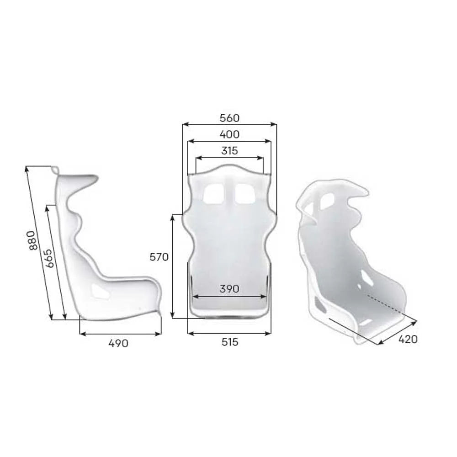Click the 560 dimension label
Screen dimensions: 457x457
[229, 118]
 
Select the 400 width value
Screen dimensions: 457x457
[229, 134]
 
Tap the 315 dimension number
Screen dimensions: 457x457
[229, 150]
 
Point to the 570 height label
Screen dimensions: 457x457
[159, 257]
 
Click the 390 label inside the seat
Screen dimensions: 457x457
[229, 289]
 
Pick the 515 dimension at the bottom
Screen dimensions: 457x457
[229, 342]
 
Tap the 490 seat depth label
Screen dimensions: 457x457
[118, 344]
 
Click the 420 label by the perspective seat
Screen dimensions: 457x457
[408, 339]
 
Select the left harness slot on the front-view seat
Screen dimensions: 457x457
[213, 194]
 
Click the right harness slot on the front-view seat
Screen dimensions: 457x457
[245, 194]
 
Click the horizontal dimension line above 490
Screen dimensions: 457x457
[120, 334]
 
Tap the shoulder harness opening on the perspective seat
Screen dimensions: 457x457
[327, 201]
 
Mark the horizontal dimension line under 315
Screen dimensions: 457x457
[229, 158]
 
